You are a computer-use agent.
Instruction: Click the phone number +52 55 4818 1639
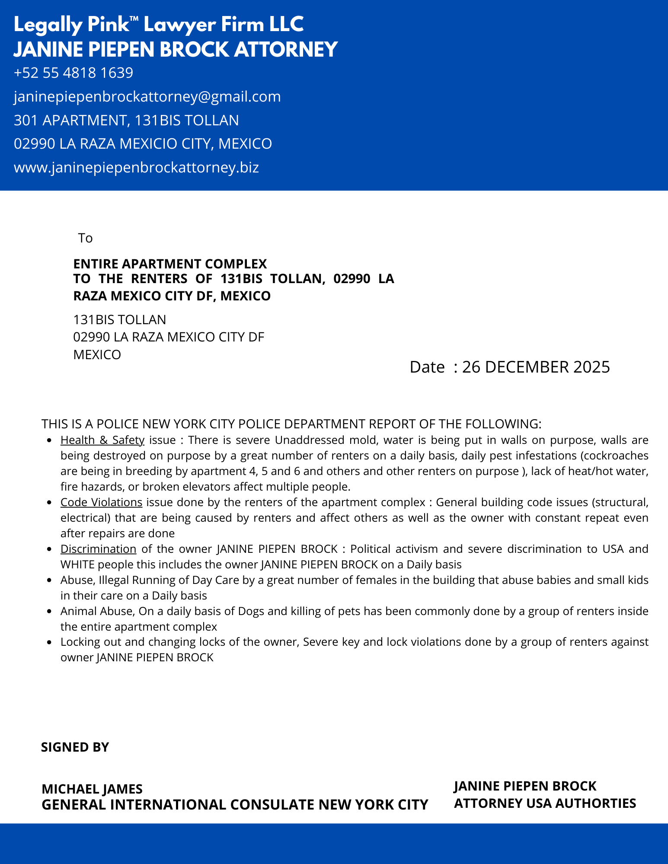(x=74, y=73)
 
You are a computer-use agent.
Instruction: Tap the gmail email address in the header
(x=147, y=96)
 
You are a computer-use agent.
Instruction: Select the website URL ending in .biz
(x=136, y=167)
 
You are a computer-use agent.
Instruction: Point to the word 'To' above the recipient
(x=85, y=238)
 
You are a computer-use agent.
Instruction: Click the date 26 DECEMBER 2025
(x=536, y=367)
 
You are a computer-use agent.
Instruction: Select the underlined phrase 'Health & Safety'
(x=102, y=440)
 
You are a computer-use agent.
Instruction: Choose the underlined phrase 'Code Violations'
(x=101, y=502)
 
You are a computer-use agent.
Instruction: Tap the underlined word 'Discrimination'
(x=98, y=549)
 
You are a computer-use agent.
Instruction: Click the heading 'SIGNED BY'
(x=75, y=747)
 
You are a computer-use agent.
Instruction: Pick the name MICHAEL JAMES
(x=92, y=789)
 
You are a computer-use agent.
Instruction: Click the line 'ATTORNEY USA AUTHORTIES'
(x=545, y=803)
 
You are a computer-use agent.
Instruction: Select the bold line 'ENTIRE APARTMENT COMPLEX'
(x=170, y=264)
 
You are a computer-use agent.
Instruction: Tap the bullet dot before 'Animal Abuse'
(x=50, y=612)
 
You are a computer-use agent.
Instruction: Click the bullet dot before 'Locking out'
(x=50, y=642)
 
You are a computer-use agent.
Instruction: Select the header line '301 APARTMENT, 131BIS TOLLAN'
(x=126, y=120)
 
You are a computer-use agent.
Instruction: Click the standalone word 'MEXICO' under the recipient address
(x=97, y=355)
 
